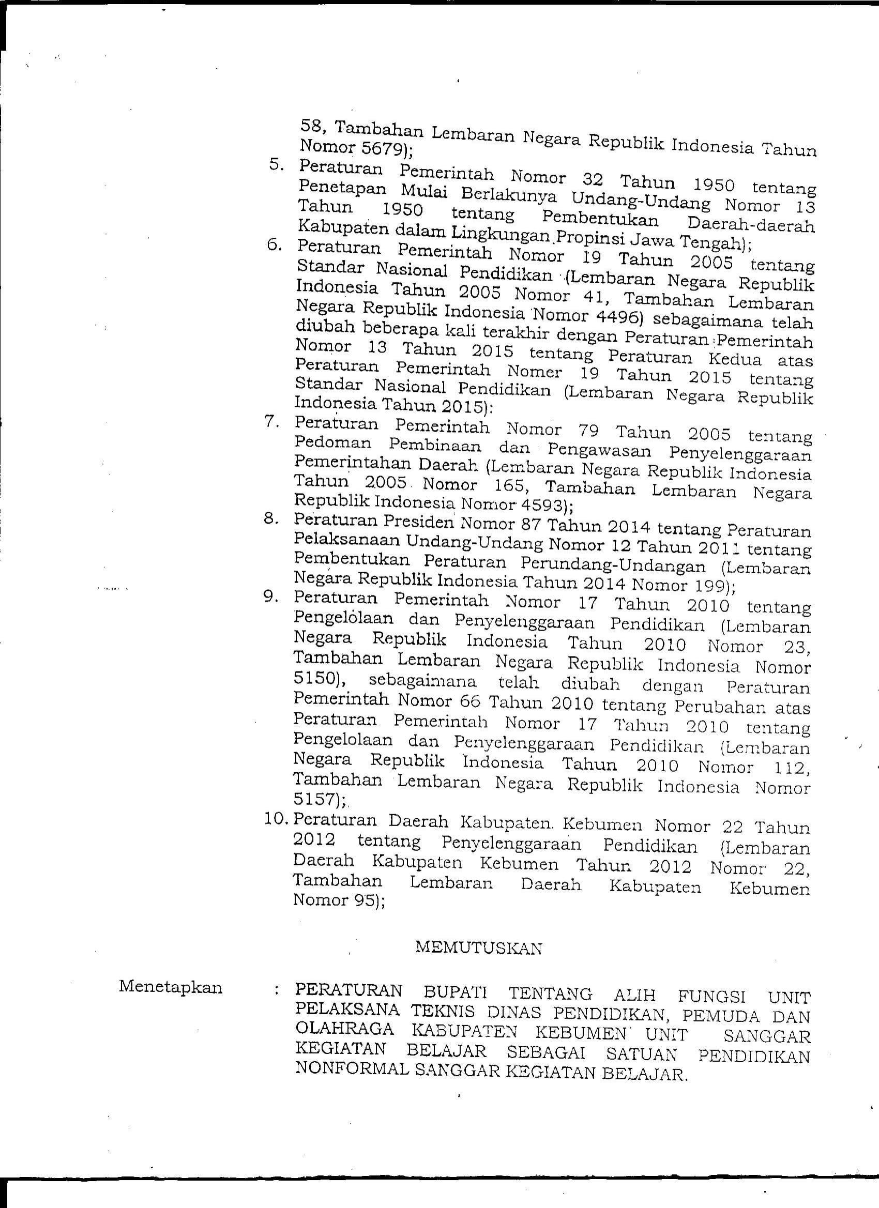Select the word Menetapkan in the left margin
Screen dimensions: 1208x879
pyautogui.click(x=171, y=987)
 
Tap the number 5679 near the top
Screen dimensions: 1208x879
pyautogui.click(x=380, y=149)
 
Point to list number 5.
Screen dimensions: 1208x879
pyautogui.click(x=277, y=165)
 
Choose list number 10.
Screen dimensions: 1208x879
pyautogui.click(x=276, y=819)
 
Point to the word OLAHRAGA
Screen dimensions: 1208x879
pyautogui.click(x=344, y=1029)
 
